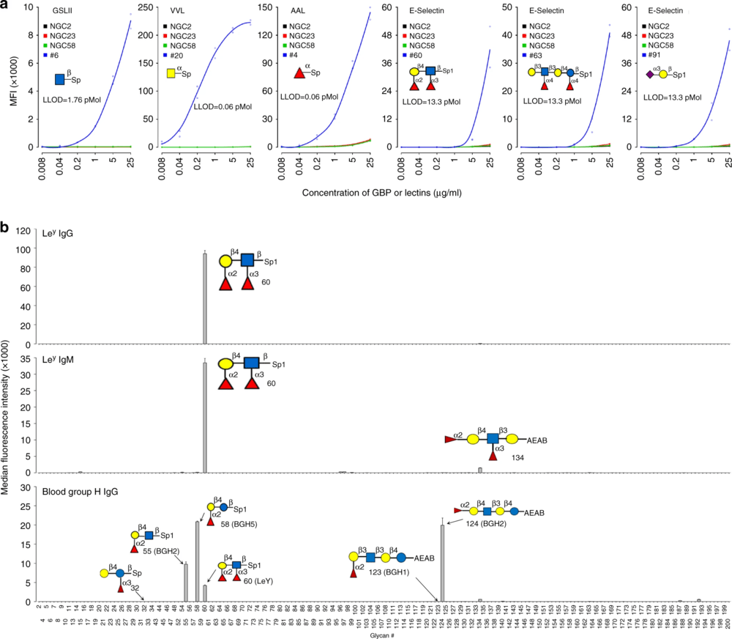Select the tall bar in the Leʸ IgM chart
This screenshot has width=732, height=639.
[205, 418]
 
